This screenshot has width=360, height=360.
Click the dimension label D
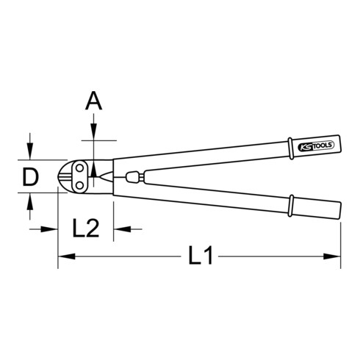tap(29, 177)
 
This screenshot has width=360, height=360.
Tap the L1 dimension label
tap(200, 256)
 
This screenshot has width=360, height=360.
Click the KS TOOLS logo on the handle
tap(317, 147)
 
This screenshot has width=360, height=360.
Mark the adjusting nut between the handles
tap(135, 177)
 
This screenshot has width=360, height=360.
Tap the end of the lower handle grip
tap(339, 209)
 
